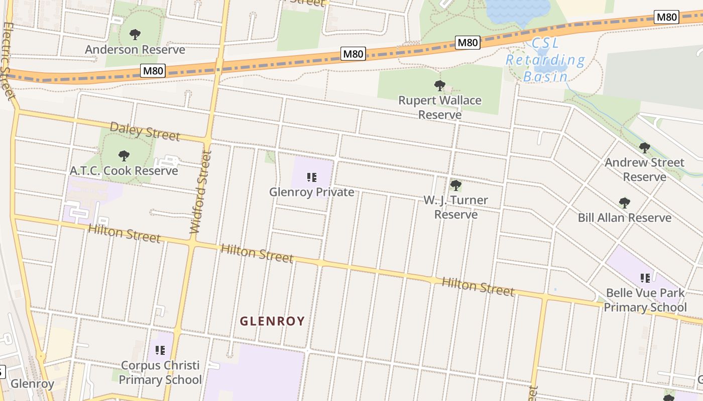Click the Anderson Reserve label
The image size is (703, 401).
(135, 50)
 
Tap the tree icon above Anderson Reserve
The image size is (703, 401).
(135, 35)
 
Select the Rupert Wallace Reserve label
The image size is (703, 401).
(440, 107)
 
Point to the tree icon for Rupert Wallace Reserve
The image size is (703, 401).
(440, 86)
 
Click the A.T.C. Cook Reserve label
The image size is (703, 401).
(124, 170)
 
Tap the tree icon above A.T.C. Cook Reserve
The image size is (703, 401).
(124, 156)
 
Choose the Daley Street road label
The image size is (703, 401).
(145, 131)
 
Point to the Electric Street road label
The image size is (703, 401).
(8, 60)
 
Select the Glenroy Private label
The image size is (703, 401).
(311, 192)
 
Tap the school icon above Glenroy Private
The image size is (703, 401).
(311, 177)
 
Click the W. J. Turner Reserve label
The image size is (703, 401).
(455, 207)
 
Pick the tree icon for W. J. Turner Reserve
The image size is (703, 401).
(455, 185)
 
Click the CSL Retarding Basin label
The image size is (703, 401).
(545, 60)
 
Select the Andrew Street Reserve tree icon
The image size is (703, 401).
(645, 148)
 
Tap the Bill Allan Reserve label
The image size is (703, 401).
(624, 218)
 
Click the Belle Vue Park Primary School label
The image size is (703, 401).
(645, 300)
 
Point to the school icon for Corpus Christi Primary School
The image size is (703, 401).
(160, 350)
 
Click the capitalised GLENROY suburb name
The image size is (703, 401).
(272, 321)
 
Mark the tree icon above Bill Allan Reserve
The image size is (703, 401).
(624, 203)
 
